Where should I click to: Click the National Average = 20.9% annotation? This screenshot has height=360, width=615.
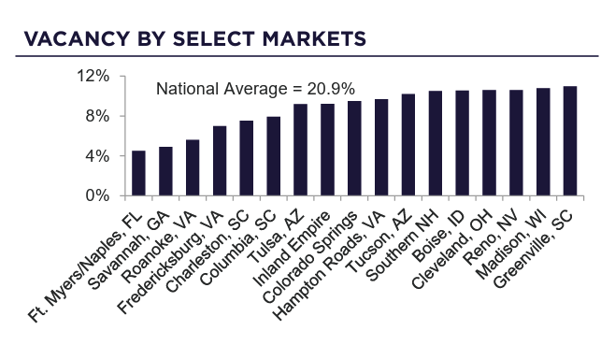tap(254, 90)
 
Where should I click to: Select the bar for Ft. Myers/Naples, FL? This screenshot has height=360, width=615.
tap(138, 174)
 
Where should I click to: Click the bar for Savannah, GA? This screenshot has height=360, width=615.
tap(165, 172)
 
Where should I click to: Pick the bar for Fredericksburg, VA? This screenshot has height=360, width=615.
tap(220, 162)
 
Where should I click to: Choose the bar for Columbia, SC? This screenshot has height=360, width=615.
tap(273, 157)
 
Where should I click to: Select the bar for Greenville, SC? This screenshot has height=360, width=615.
tap(570, 141)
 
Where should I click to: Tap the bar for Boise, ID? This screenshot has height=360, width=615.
tap(462, 144)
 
